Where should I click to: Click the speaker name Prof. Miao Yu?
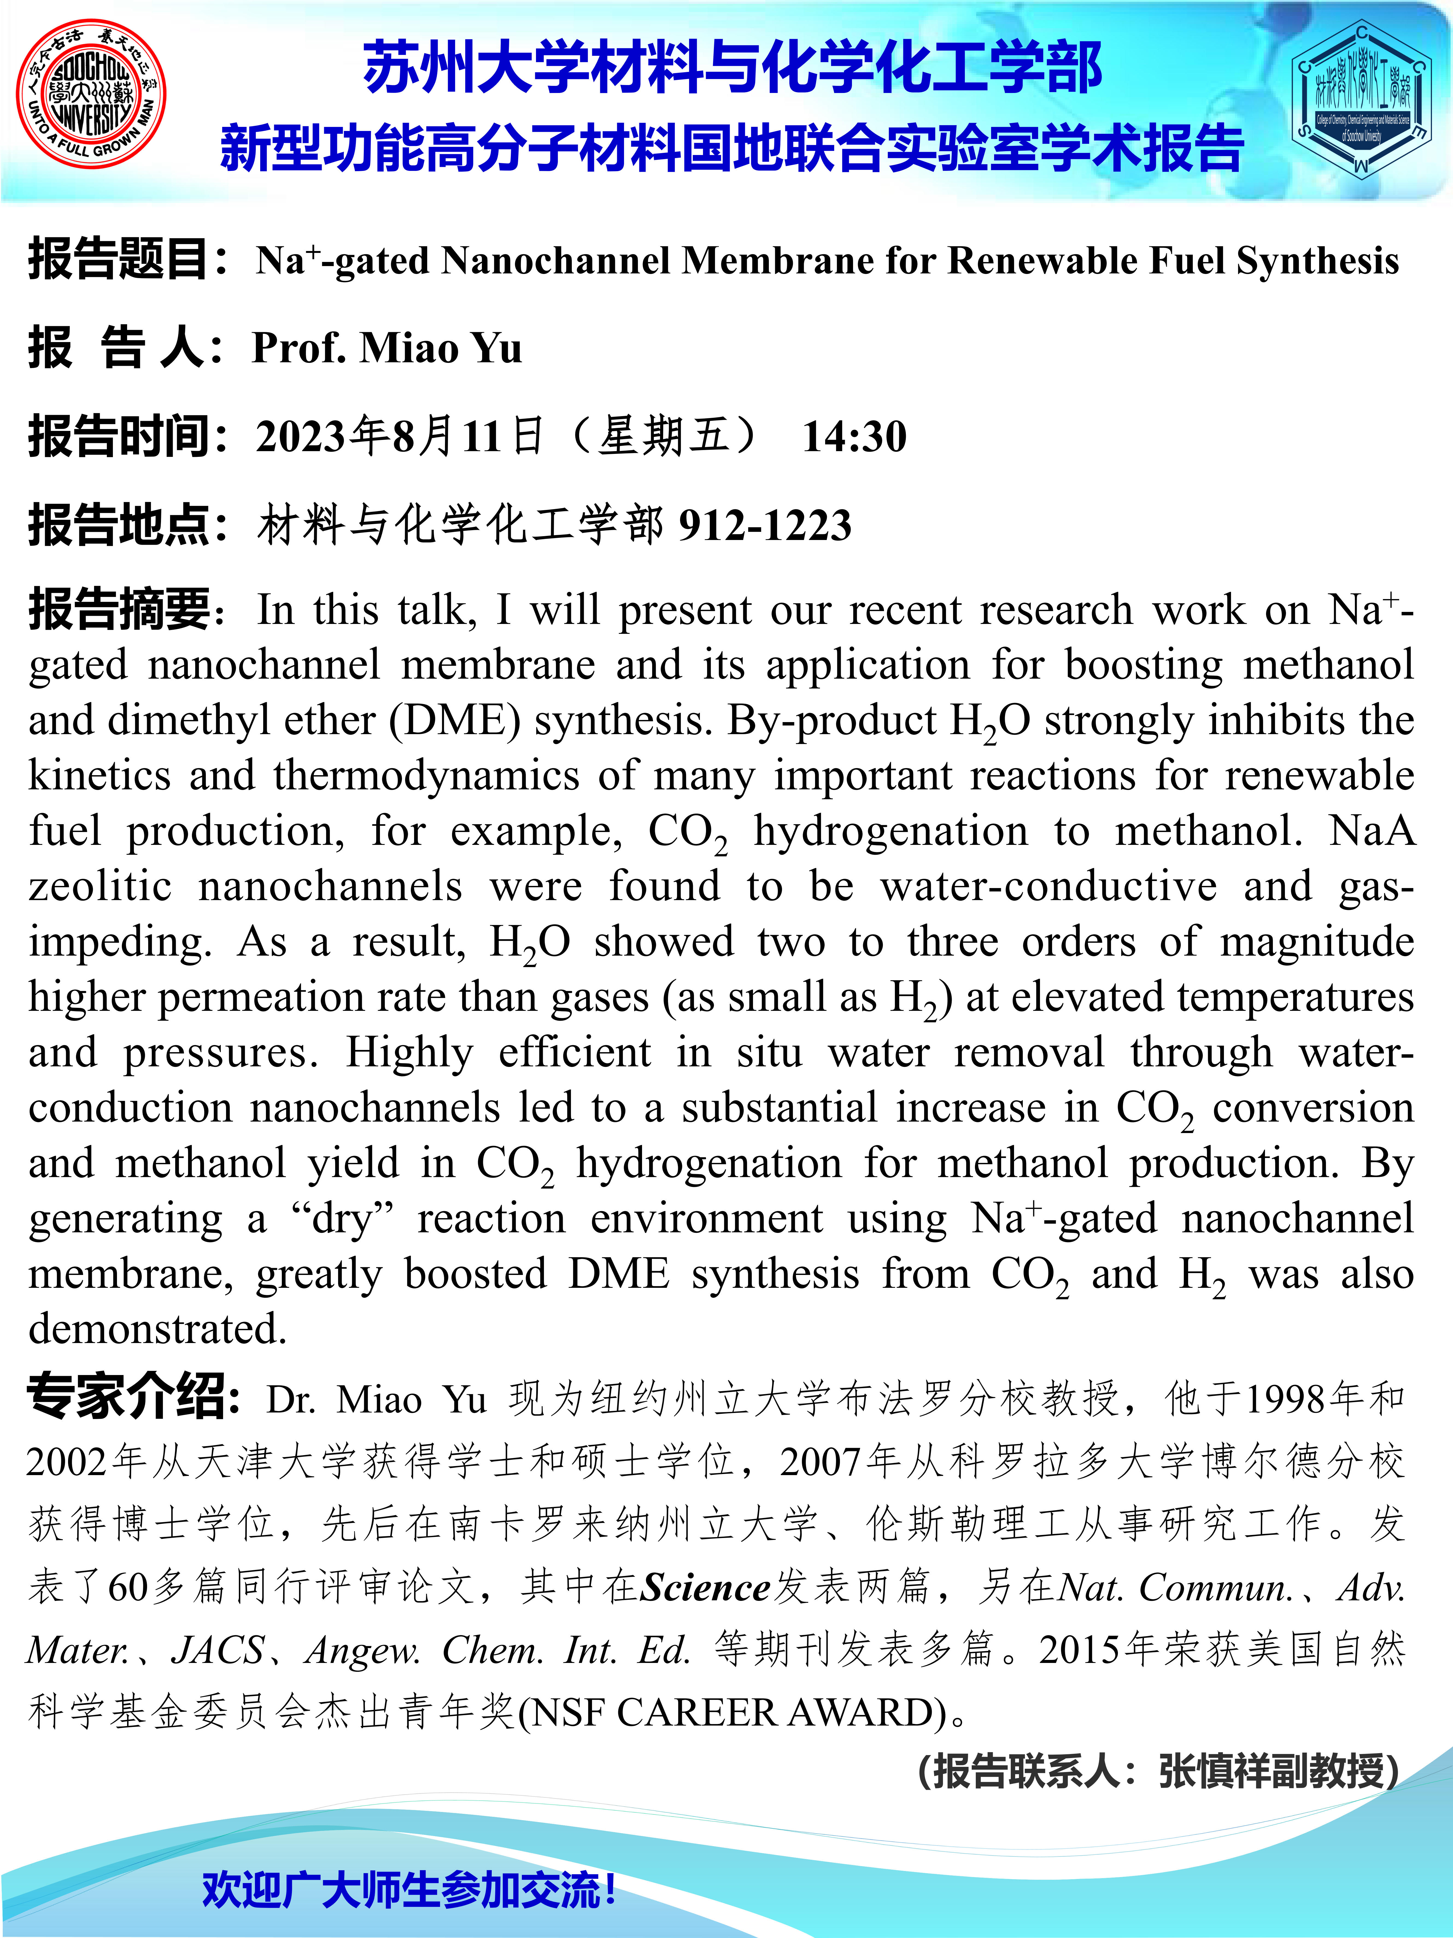click(x=387, y=348)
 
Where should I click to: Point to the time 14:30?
click(x=854, y=436)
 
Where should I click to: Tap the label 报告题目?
click(x=118, y=260)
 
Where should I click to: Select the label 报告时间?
click(x=118, y=436)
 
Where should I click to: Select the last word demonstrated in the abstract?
click(x=158, y=1329)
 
